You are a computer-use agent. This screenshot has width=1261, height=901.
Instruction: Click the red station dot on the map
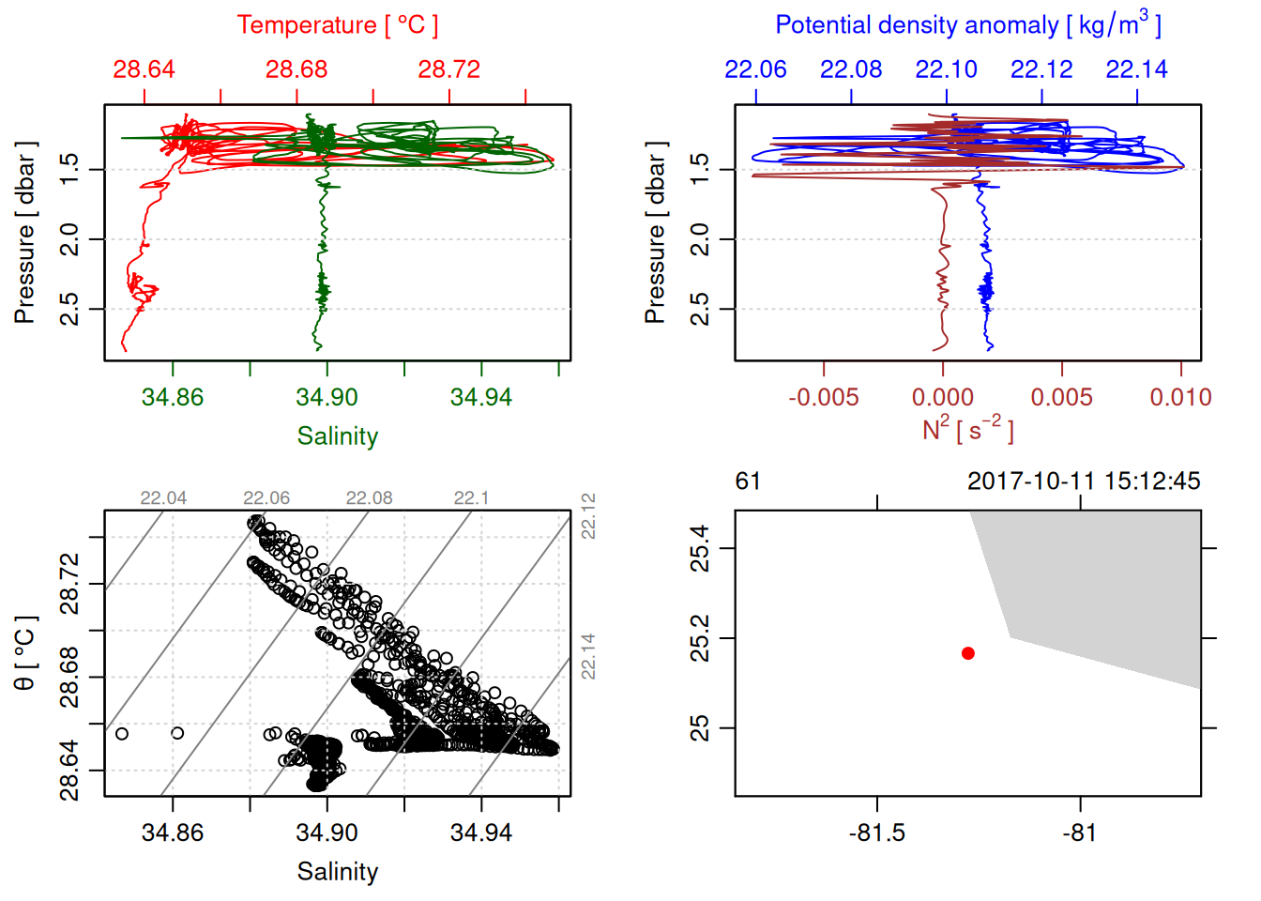click(968, 653)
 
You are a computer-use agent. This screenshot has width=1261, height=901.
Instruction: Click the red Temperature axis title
click(337, 25)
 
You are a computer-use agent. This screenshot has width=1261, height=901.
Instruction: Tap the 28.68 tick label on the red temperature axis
click(296, 69)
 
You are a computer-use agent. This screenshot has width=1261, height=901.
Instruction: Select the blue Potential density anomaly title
click(967, 25)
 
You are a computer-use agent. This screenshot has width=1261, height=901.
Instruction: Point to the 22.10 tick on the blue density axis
click(946, 69)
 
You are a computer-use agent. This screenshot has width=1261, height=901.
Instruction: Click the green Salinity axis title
click(337, 436)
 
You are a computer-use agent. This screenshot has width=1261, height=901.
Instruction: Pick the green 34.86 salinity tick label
click(173, 397)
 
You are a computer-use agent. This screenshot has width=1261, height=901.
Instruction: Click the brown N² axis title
click(967, 430)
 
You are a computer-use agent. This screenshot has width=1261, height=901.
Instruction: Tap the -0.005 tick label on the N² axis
click(823, 397)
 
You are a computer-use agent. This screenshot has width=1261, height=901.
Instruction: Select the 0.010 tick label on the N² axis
click(1180, 397)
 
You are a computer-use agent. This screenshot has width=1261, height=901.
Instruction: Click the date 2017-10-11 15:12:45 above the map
click(1084, 481)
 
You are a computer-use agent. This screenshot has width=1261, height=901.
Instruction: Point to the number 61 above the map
click(748, 481)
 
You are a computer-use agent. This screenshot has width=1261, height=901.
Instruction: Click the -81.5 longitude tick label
click(877, 832)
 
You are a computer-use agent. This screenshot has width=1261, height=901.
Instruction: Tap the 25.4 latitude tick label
click(700, 549)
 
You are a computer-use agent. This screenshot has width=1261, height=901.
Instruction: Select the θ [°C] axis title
click(25, 653)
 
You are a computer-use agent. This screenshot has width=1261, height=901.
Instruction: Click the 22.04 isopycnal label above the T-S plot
click(163, 498)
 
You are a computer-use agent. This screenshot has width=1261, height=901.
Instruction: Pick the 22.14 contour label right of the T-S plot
click(588, 656)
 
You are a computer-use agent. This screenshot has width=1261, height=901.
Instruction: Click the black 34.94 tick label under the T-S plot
click(481, 832)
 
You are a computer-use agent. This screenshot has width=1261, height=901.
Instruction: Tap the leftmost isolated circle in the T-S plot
click(121, 734)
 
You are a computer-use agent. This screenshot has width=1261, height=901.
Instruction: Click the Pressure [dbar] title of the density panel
click(655, 233)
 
